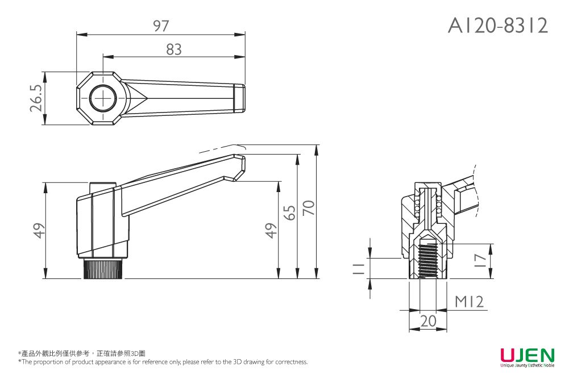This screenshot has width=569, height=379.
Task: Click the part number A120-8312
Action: (498, 25)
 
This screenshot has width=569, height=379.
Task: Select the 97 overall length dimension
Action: (161, 26)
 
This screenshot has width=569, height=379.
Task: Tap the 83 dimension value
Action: (174, 50)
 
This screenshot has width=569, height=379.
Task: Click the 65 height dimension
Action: (290, 213)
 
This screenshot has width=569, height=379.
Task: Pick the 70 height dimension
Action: (309, 208)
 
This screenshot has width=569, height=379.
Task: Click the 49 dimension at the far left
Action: (38, 231)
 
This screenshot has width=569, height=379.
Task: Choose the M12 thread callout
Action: (470, 302)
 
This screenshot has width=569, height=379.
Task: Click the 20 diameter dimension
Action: (429, 322)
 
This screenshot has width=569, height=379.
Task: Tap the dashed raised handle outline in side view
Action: (222, 148)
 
